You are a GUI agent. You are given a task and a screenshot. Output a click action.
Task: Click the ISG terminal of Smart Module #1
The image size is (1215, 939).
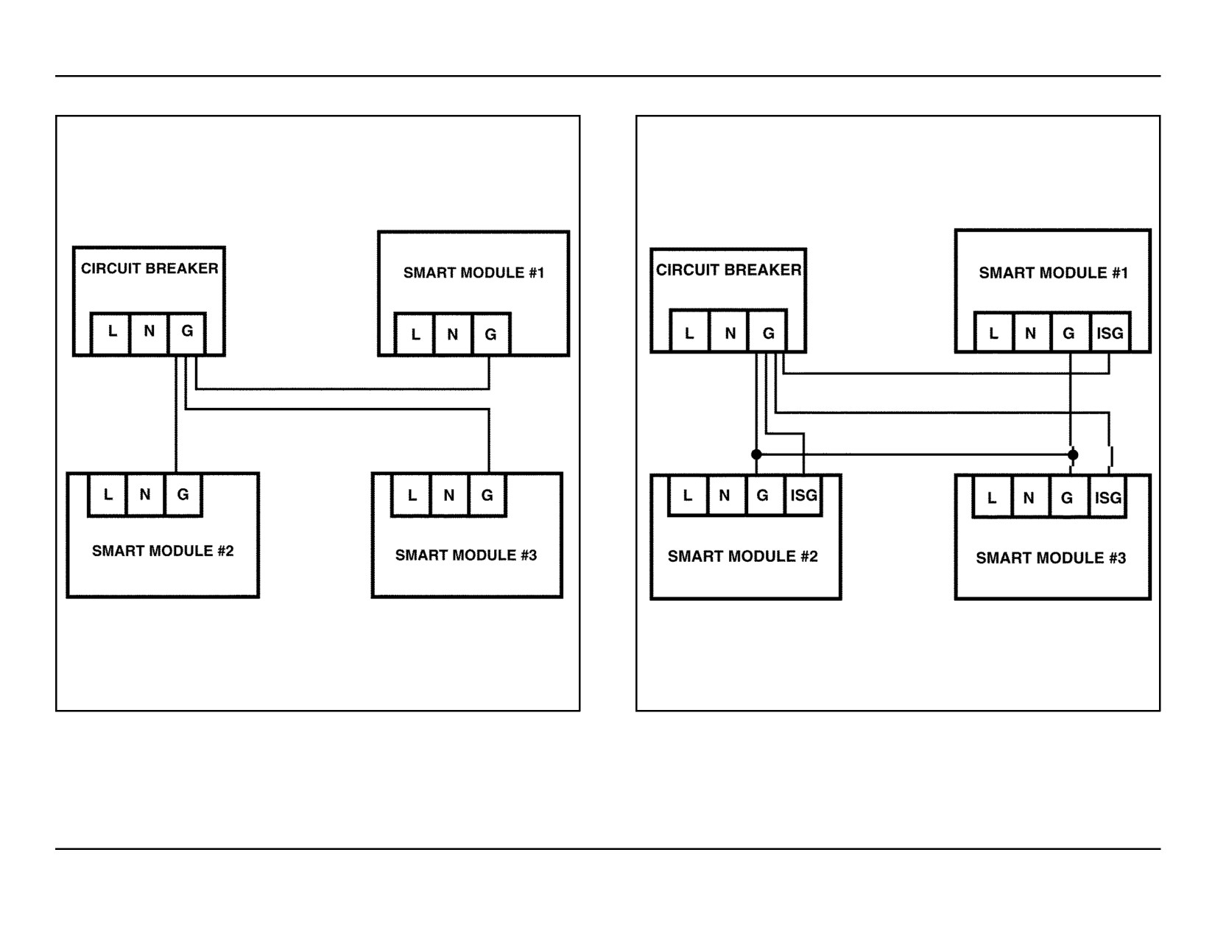tap(1110, 333)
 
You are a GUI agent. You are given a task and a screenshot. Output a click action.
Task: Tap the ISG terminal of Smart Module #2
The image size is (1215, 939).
tap(803, 495)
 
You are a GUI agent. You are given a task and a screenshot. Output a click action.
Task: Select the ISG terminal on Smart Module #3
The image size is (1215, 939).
tap(1107, 497)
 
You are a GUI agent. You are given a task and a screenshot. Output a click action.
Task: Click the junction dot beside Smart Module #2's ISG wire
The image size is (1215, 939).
tap(756, 454)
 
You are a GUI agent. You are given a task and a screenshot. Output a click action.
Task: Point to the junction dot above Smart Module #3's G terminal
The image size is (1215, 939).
tap(1072, 454)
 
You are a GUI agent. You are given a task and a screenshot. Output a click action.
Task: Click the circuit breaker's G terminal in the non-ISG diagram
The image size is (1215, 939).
tap(187, 333)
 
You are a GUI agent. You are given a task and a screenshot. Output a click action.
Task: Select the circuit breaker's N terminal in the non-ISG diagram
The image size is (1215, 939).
tap(149, 333)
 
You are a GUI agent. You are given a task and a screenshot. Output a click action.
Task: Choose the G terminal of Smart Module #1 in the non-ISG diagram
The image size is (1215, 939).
tap(490, 334)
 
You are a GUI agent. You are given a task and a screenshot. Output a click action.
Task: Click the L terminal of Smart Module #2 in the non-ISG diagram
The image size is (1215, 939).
tap(108, 494)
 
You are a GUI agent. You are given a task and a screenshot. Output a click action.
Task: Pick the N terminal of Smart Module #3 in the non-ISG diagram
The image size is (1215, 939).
tap(449, 495)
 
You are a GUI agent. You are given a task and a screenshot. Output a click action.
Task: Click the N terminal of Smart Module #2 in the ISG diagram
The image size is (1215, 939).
tap(725, 495)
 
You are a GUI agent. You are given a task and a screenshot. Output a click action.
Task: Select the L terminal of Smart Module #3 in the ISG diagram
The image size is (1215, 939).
tap(992, 497)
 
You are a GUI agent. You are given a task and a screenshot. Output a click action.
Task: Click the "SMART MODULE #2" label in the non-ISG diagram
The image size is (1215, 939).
tap(163, 551)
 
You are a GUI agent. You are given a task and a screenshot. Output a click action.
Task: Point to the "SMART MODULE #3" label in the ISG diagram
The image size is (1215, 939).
tap(1051, 558)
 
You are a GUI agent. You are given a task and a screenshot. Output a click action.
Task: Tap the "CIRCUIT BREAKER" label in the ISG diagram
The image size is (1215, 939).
tap(728, 270)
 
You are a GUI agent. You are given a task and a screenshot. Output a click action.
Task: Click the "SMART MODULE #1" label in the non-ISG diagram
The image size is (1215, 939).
tap(473, 272)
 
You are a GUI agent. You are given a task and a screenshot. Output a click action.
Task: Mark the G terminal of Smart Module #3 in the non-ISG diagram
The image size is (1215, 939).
tap(487, 495)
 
